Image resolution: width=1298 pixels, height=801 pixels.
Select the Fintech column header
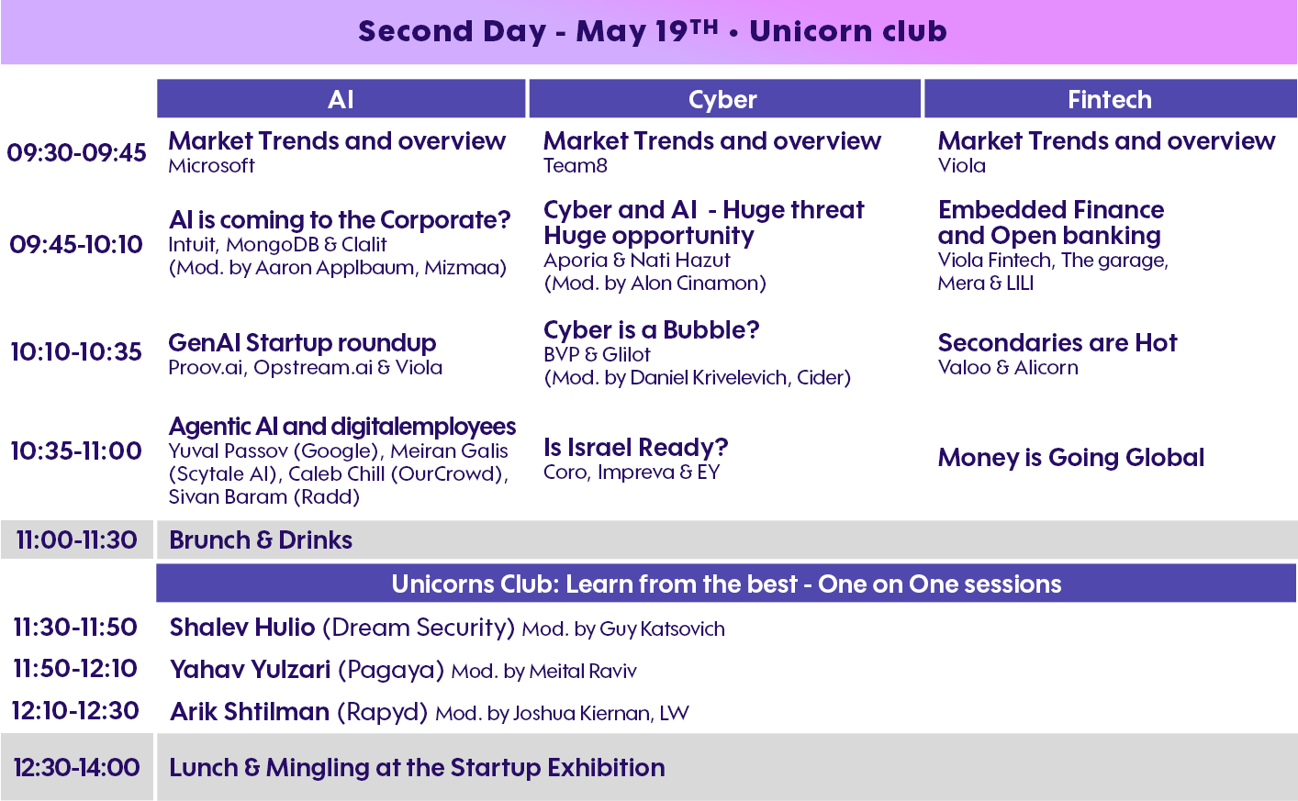pyautogui.click(x=1110, y=99)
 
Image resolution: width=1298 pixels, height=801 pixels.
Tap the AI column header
pyautogui.click(x=341, y=99)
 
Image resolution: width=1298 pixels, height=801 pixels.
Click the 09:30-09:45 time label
pyautogui.click(x=76, y=153)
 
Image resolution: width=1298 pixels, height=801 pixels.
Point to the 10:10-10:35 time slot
pyautogui.click(x=76, y=351)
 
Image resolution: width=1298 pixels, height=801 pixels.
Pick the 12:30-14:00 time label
pyautogui.click(x=76, y=767)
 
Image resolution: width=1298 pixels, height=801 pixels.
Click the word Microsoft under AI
pyautogui.click(x=211, y=166)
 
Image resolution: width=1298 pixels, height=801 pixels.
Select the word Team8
pyautogui.click(x=576, y=166)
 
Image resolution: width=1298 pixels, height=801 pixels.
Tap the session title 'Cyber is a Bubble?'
pyautogui.click(x=652, y=329)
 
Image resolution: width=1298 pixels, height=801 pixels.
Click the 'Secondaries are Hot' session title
pyautogui.click(x=1057, y=343)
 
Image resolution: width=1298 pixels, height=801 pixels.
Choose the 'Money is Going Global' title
pyautogui.click(x=1071, y=458)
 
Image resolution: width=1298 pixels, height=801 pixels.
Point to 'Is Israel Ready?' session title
pyautogui.click(x=635, y=447)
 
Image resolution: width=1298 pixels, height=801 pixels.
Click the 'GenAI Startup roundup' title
pyautogui.click(x=302, y=343)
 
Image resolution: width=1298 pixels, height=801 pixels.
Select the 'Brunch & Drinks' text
pyautogui.click(x=261, y=540)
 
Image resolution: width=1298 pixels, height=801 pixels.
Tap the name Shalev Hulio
pyautogui.click(x=242, y=628)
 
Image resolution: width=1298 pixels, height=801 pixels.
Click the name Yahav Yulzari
pyautogui.click(x=251, y=670)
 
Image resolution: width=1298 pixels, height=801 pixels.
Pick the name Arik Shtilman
pyautogui.click(x=250, y=712)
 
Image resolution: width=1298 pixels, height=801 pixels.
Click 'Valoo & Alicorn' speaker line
pyautogui.click(x=1008, y=367)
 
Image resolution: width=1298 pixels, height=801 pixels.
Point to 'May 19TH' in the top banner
pyautogui.click(x=647, y=30)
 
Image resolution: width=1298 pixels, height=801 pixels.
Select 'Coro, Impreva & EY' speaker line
pyautogui.click(x=632, y=472)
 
